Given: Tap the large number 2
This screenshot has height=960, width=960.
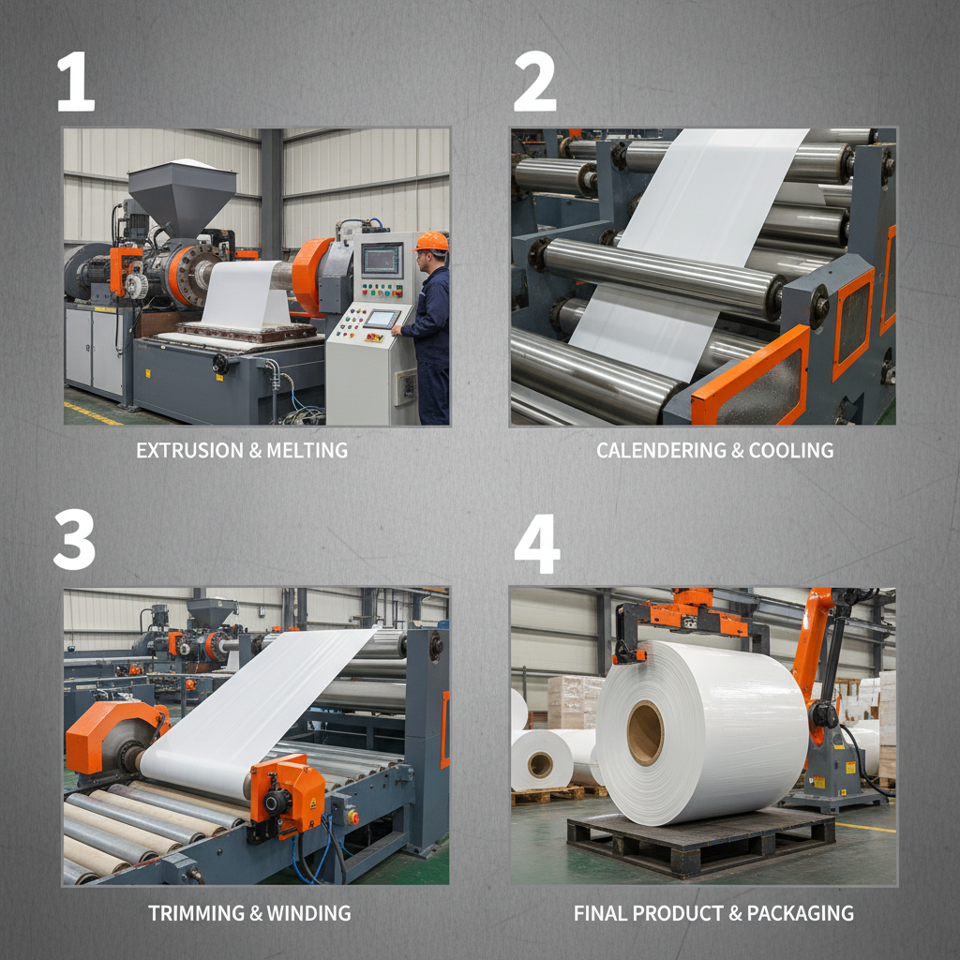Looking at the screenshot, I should point(533,82).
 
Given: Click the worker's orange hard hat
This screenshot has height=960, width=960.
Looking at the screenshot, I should point(431,242).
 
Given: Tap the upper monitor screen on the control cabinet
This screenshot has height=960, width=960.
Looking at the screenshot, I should point(381,258).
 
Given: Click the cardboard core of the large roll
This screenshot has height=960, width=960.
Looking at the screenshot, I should point(645,732).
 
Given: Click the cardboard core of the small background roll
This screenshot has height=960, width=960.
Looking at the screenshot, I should point(540,764).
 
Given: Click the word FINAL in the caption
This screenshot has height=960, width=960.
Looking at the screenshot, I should point(600,912).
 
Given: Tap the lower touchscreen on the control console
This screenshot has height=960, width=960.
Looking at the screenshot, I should point(381,319).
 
